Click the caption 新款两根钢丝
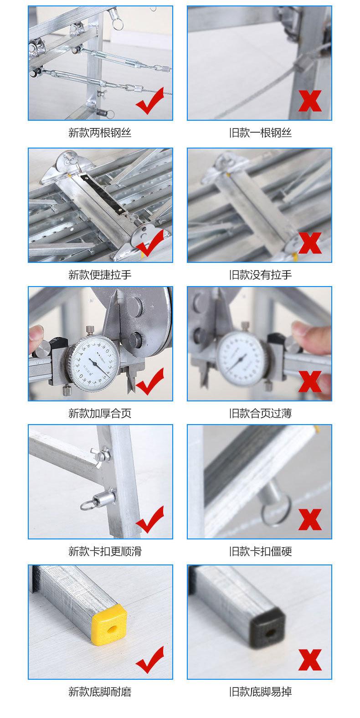(x=100, y=133)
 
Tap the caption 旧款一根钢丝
(x=260, y=133)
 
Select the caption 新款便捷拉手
(x=100, y=275)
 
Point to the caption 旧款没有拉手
(x=260, y=275)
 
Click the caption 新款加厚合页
(x=100, y=413)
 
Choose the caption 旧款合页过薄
(x=260, y=413)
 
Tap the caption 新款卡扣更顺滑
(x=105, y=551)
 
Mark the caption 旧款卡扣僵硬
(x=260, y=551)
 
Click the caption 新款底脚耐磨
(x=100, y=692)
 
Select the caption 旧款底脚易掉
(x=260, y=692)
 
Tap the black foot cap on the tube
(x=267, y=626)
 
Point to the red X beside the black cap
(x=310, y=660)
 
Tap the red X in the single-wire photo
(x=310, y=101)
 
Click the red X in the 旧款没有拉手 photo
(x=310, y=243)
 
